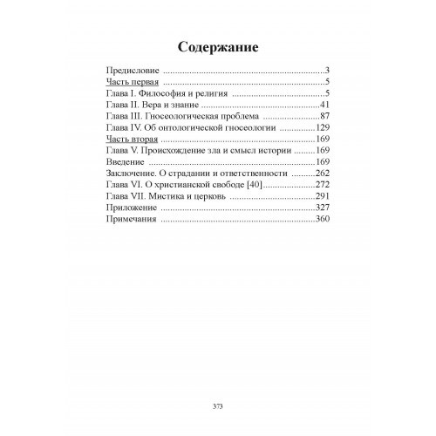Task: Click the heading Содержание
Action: [x=218, y=46]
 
